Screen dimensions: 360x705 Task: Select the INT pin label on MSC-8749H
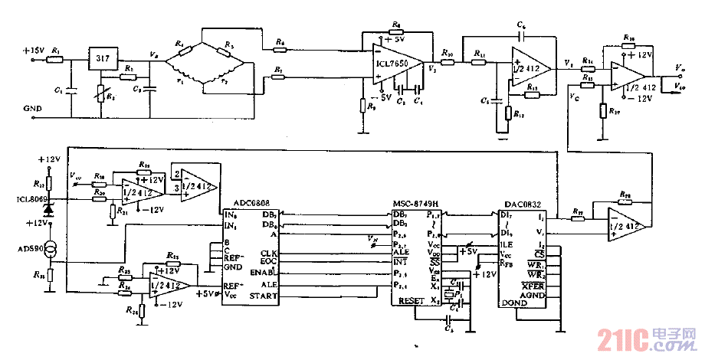[400, 262]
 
